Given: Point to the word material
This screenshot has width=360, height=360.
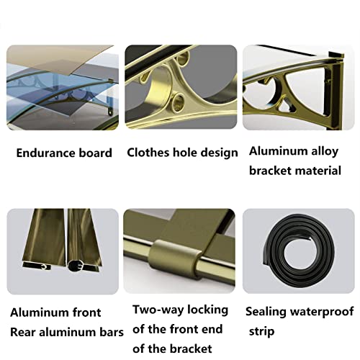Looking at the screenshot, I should [x=315, y=171].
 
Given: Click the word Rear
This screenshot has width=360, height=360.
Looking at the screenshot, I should [x=24, y=332].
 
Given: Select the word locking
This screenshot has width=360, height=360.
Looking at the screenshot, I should [x=207, y=310].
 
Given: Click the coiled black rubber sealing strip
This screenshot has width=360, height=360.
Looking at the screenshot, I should [x=297, y=252].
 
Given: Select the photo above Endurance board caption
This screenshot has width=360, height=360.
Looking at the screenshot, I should [x=60, y=89].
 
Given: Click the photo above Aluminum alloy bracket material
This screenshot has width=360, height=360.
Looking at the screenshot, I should [x=297, y=89].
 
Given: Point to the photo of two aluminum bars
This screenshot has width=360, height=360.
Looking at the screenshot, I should [x=60, y=252].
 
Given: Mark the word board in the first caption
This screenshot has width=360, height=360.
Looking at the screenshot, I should [x=96, y=153].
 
